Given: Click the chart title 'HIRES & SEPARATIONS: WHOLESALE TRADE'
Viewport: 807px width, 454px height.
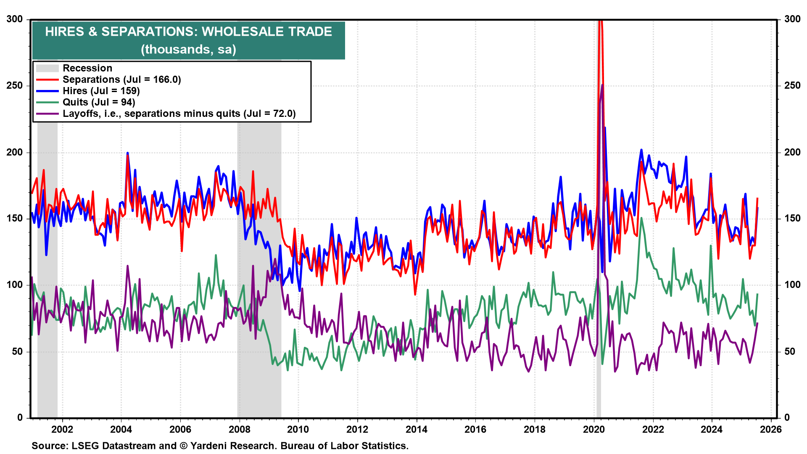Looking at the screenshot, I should coord(188,32).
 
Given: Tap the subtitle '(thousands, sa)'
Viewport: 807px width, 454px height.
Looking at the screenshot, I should coord(188,50).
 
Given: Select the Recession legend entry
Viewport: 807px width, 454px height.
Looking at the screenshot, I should coord(87,68).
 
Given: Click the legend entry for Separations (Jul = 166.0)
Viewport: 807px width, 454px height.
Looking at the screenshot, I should coord(121,79).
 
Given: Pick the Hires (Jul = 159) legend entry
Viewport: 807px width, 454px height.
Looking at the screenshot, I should coord(101,91).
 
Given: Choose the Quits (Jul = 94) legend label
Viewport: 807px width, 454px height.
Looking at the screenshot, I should coord(99,102).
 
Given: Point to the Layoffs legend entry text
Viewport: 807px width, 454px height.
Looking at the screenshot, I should coord(179,113).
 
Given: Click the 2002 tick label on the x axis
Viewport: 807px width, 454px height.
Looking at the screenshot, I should coord(62,429).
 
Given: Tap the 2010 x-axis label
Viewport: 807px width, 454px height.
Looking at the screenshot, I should coord(298,429).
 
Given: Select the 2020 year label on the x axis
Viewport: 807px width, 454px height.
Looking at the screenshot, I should coord(593,429).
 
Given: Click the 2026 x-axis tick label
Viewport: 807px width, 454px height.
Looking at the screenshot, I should coord(771,429).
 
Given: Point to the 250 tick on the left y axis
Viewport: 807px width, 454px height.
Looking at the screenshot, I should coord(15,85).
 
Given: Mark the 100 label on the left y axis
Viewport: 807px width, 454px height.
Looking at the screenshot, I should coord(15,285).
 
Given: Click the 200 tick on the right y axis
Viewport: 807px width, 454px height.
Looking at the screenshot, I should coord(792,152).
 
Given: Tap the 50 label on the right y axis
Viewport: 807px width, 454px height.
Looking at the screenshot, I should coord(790,351).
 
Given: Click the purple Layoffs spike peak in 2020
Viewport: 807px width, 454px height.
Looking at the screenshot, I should coord(602,85).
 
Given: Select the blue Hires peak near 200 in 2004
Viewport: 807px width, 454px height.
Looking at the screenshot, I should coord(127,153).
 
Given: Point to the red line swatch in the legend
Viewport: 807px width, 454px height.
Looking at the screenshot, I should coord(47,79).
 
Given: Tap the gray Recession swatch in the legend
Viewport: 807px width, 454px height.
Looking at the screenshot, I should coord(47,68).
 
